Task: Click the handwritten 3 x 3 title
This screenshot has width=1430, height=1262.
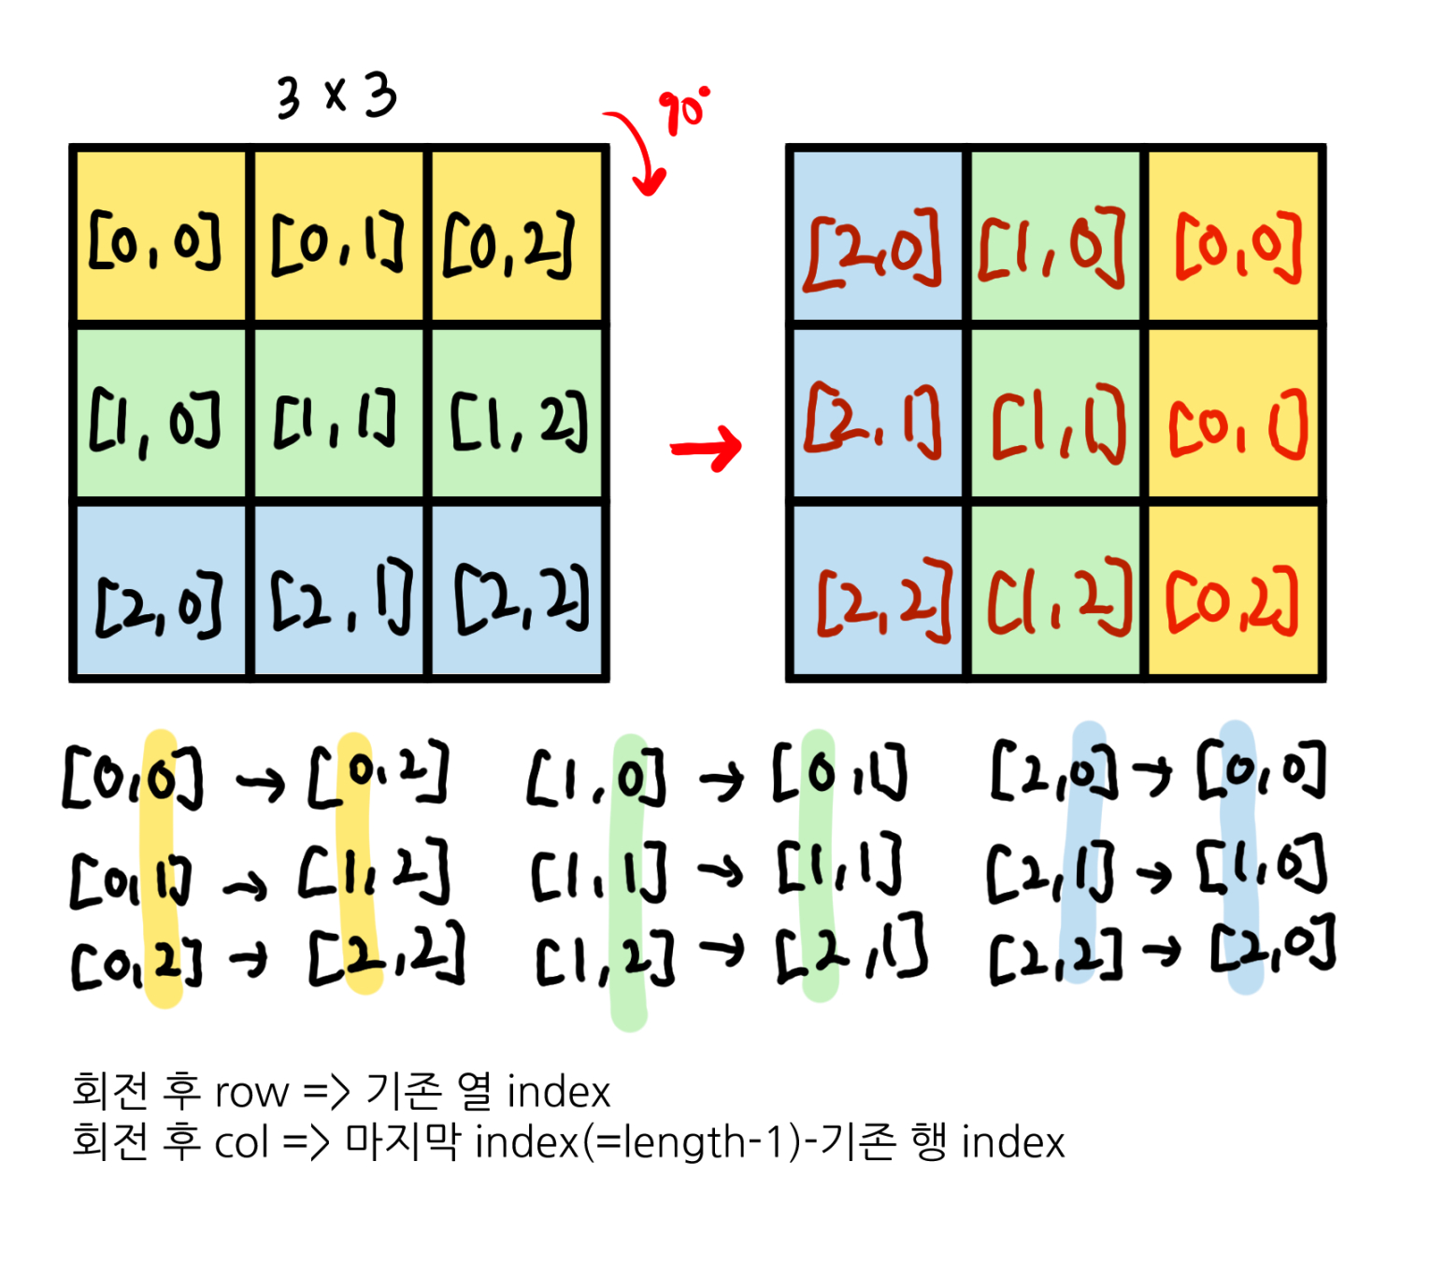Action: click(336, 96)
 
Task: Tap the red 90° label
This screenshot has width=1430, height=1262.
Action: click(684, 111)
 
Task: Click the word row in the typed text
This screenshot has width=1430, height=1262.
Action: click(251, 1092)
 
